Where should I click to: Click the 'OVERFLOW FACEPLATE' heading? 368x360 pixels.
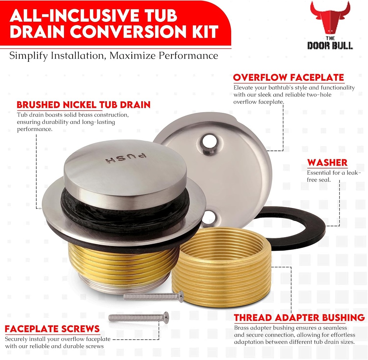tap(288, 78)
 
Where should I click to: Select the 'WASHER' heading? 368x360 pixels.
tap(327, 163)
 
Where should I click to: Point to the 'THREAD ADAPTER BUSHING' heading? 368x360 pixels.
tap(299, 318)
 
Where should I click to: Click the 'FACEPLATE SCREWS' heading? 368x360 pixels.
tap(52, 329)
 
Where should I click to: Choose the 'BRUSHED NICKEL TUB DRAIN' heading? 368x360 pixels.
tap(83, 105)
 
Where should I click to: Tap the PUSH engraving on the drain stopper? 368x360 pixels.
tap(126, 158)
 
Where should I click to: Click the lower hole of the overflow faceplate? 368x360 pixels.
tap(210, 218)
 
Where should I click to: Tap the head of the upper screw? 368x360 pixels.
tap(181, 296)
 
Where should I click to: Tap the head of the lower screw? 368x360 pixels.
tap(166, 317)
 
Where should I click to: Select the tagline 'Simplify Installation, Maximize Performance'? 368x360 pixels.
tap(113, 56)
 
